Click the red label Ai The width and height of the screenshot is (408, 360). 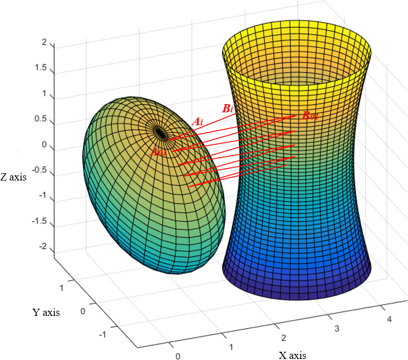198,122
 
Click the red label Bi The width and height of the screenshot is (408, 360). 228,109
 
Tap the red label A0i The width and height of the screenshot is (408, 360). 159,152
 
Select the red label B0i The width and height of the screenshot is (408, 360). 310,116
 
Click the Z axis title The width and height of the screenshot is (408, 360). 14,178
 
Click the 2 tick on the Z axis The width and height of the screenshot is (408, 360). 47,43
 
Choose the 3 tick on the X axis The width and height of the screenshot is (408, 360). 337,328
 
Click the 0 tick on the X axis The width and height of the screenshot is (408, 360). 178,355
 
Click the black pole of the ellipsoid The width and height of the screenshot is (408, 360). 161,133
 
